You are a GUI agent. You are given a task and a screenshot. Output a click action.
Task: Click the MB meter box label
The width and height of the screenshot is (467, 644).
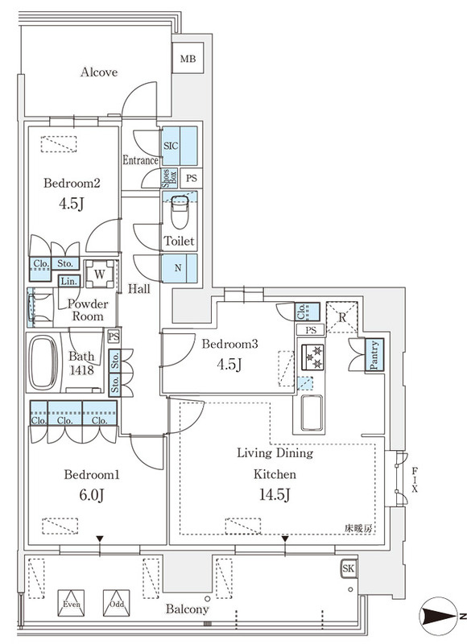[188, 59]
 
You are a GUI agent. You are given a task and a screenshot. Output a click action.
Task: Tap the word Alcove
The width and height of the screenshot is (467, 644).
[99, 72]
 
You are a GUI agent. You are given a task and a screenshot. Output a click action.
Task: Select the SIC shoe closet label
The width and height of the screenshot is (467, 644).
[171, 146]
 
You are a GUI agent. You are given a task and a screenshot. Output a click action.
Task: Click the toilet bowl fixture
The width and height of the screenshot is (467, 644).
[180, 212]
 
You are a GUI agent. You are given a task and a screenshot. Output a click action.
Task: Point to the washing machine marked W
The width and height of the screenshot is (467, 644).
[100, 274]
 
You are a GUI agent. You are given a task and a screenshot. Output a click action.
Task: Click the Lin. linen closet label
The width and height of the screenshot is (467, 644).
[69, 281]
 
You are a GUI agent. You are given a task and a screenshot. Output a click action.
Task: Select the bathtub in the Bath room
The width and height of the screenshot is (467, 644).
[43, 363]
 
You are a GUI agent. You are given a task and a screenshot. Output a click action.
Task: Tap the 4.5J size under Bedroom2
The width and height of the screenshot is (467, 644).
[72, 204]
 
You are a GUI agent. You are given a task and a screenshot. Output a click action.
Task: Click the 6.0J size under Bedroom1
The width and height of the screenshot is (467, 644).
[92, 495]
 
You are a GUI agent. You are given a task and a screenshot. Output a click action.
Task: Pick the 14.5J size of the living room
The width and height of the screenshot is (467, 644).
[275, 495]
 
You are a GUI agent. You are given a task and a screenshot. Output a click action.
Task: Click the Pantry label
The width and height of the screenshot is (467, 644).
[374, 355]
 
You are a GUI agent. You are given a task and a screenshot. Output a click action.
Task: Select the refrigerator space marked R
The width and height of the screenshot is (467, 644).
[342, 317]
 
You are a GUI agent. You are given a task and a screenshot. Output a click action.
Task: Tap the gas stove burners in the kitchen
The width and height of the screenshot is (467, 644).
[312, 357]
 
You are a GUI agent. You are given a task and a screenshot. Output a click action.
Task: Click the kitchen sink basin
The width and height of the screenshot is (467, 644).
[312, 412]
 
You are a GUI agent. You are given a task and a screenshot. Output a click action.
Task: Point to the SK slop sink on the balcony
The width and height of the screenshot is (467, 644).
[349, 569]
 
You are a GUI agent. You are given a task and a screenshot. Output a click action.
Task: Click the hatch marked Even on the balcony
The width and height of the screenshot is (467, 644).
[71, 603]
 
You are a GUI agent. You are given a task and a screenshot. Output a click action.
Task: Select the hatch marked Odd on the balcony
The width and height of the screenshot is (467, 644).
[117, 603]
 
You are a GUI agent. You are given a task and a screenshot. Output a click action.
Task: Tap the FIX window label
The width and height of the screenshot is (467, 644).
[415, 479]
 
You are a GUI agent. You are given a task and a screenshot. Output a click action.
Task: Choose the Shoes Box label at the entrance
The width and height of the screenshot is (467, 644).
[169, 179]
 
